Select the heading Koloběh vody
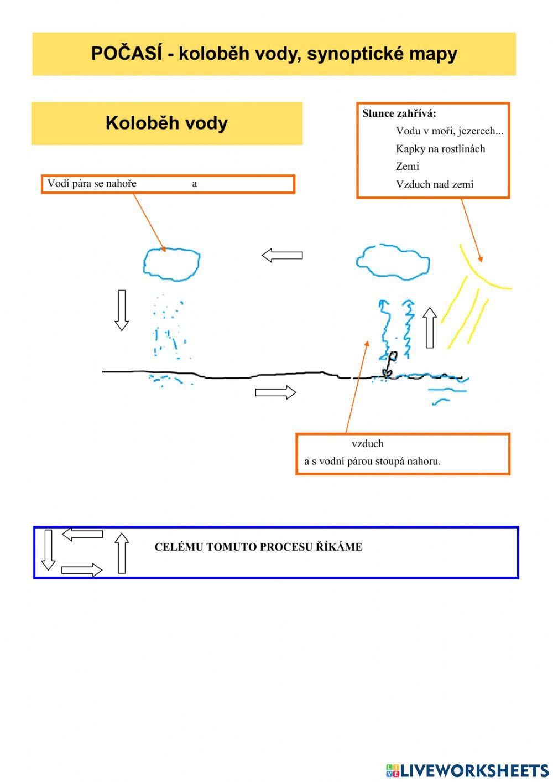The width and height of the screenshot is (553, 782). (x=166, y=123)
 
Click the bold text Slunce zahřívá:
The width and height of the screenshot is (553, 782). (x=399, y=113)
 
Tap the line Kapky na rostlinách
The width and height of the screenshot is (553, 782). (x=440, y=149)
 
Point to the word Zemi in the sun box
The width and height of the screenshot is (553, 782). (x=408, y=167)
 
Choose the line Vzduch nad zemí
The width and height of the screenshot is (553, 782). (x=435, y=184)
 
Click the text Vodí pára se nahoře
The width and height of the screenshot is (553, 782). (x=92, y=184)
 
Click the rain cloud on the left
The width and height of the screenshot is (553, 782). (x=171, y=263)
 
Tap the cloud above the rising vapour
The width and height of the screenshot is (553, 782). (x=393, y=261)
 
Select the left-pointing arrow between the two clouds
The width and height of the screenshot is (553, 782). (x=282, y=255)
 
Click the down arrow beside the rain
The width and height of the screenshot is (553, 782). (x=122, y=310)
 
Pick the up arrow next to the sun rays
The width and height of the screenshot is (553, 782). (x=430, y=328)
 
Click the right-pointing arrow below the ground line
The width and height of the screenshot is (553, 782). (x=275, y=392)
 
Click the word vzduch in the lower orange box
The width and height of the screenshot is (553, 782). (x=368, y=444)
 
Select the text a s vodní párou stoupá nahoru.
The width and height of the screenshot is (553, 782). (x=372, y=461)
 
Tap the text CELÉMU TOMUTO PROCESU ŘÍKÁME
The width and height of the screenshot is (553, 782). (x=258, y=547)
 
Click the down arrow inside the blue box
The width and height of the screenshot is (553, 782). (x=48, y=550)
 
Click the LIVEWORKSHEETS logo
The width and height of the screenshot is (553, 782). (x=467, y=770)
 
